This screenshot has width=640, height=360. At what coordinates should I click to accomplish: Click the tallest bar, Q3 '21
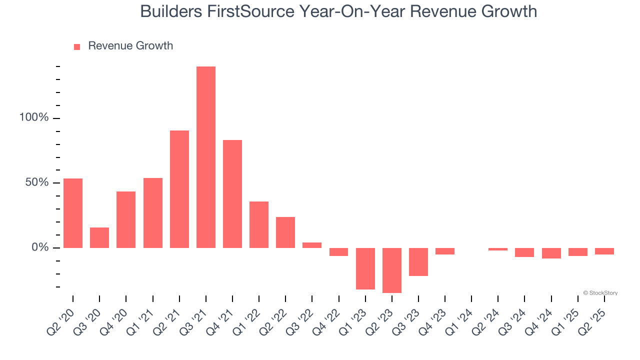[x=206, y=157]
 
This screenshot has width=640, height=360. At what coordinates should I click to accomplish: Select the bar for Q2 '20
[x=73, y=213]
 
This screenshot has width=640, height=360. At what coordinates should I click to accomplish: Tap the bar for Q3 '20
[x=99, y=237]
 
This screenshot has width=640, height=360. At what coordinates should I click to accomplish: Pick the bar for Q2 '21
[x=179, y=189]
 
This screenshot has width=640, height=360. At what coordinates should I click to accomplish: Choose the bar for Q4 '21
[x=232, y=194]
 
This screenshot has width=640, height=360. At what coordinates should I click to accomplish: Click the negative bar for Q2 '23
[x=392, y=270]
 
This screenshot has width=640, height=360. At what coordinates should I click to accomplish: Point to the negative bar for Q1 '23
[x=365, y=268]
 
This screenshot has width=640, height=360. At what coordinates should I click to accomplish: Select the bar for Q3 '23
[x=418, y=261]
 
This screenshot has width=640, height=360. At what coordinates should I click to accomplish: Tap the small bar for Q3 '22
[x=312, y=245]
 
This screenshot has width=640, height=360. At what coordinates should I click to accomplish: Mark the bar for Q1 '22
[x=259, y=224]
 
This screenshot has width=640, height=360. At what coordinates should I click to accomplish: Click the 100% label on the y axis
[x=34, y=118]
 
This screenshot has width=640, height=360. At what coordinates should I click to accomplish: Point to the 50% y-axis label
[x=37, y=182]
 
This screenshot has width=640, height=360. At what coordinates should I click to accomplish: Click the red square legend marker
[x=77, y=47]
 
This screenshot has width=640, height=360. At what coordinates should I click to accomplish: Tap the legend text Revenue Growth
[x=130, y=46]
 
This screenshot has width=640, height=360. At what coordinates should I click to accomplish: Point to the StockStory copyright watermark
[x=600, y=293]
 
